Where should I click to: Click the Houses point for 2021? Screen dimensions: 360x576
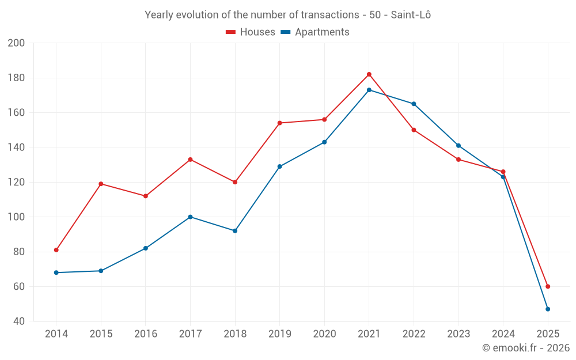pyautogui.click(x=369, y=74)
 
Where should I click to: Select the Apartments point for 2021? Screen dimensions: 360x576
pyautogui.click(x=369, y=90)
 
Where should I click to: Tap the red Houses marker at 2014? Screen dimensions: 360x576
pyautogui.click(x=56, y=250)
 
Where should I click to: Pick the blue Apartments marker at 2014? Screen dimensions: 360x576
pyautogui.click(x=56, y=272)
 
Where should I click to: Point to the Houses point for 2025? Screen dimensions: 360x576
pyautogui.click(x=548, y=286)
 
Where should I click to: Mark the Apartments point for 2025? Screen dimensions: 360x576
pyautogui.click(x=548, y=309)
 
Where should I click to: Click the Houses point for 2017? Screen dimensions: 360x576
pyautogui.click(x=190, y=160)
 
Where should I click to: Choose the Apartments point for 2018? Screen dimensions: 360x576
pyautogui.click(x=235, y=231)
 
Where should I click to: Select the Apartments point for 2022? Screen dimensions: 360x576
pyautogui.click(x=414, y=104)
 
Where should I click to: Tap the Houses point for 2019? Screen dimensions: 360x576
pyautogui.click(x=280, y=123)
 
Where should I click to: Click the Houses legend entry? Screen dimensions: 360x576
pyautogui.click(x=251, y=32)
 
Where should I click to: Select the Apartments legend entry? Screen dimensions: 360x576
pyautogui.click(x=315, y=32)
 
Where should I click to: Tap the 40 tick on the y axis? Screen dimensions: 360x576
pyautogui.click(x=18, y=321)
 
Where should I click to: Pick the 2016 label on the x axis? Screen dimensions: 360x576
pyautogui.click(x=146, y=334)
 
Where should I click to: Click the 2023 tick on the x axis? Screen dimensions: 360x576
pyautogui.click(x=458, y=334)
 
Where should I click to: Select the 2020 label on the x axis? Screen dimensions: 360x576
pyautogui.click(x=324, y=334)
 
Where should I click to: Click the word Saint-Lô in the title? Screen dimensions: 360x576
pyautogui.click(x=411, y=15)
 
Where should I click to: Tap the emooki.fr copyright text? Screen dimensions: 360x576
pyautogui.click(x=526, y=348)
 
